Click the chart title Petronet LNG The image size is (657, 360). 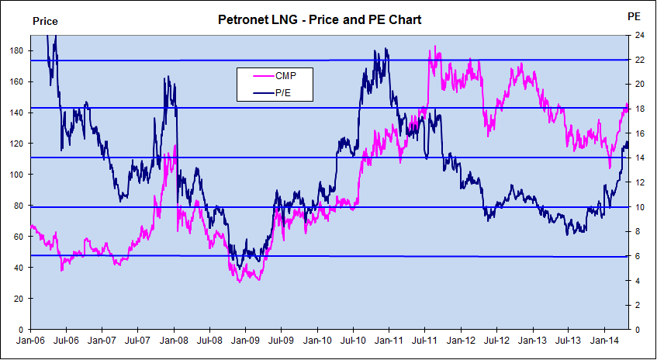(320, 20)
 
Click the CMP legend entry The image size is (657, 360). (284, 75)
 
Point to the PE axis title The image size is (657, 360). (633, 16)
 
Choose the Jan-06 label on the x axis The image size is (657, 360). (29, 340)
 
